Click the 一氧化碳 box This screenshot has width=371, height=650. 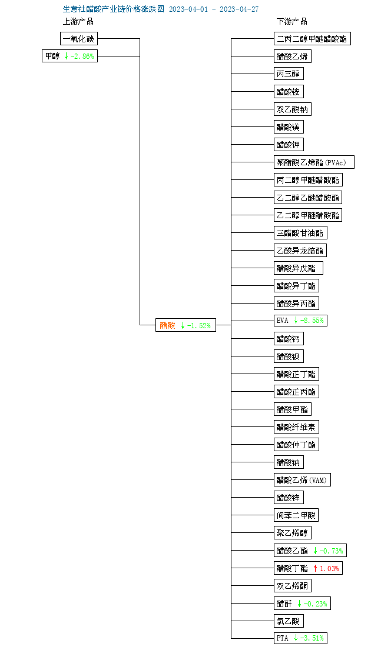point(79,39)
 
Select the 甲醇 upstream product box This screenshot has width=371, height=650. point(69,56)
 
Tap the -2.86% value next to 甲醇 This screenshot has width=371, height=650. point(82,56)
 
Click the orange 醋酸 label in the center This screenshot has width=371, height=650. point(168,325)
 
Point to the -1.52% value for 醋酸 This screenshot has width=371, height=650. point(199,326)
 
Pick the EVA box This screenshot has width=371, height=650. point(300,321)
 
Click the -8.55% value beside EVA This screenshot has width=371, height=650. point(312,321)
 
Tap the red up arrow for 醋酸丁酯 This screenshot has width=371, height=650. point(316,568)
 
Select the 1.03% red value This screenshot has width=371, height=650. point(329,568)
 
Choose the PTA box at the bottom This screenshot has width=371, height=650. point(300,638)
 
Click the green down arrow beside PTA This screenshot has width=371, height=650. point(296,638)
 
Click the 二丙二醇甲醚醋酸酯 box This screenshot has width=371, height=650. point(313,39)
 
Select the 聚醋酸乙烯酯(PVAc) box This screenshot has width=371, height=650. point(314,162)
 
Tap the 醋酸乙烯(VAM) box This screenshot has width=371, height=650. point(303,481)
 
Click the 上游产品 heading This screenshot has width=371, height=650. point(78,22)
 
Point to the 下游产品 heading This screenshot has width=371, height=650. point(292,22)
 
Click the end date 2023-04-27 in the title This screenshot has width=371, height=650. point(239,9)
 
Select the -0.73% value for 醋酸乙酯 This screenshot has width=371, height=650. point(331,551)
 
